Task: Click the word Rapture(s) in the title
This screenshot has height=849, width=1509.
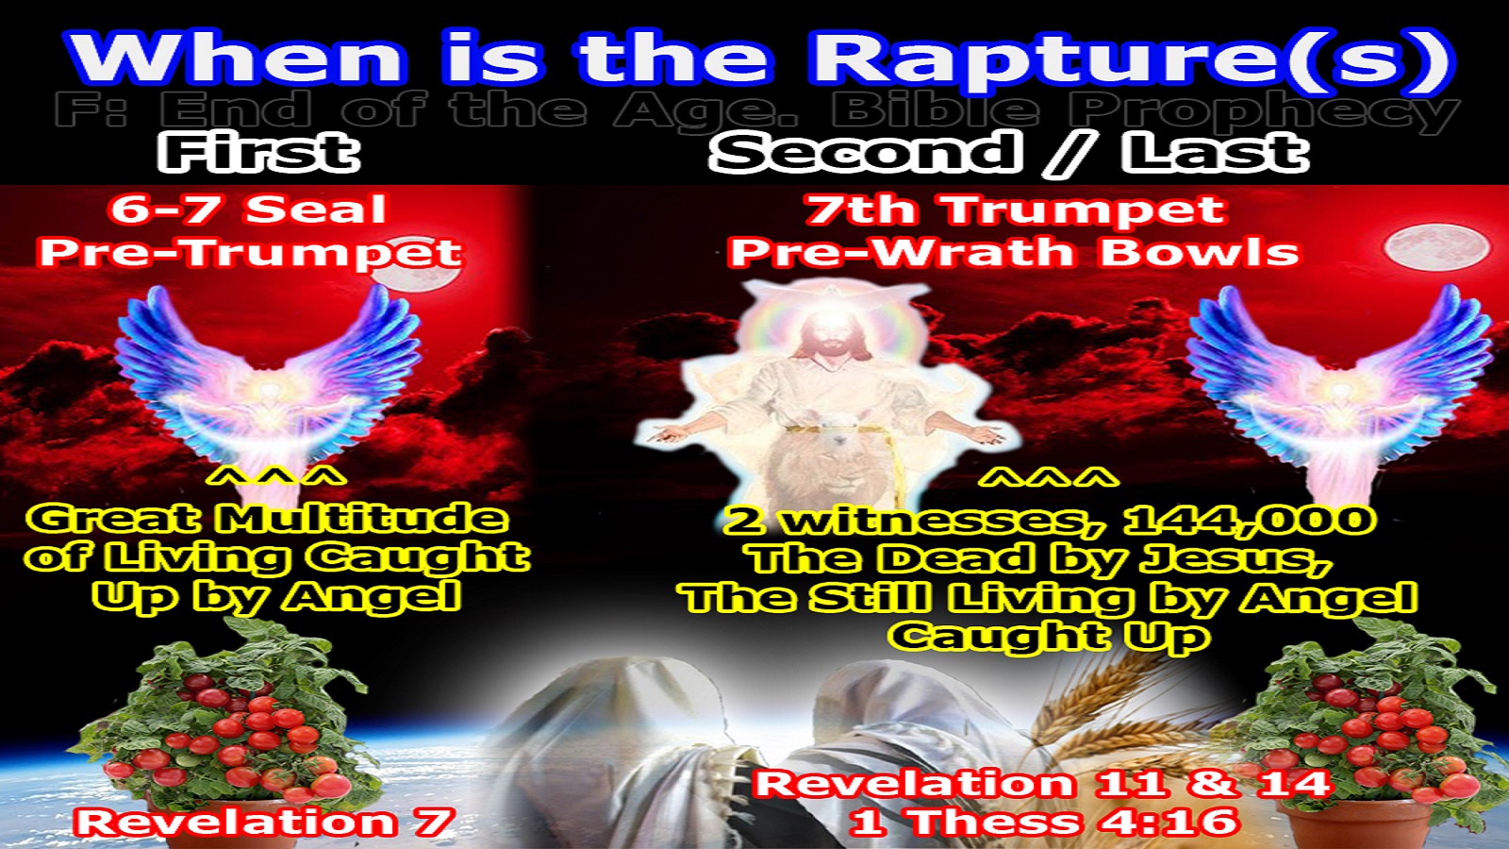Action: pos(1132,58)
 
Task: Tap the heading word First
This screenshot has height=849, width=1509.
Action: pos(258,152)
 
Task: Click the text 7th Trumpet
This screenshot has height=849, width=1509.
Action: pos(1015,209)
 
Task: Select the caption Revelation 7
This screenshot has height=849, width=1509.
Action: pos(265,822)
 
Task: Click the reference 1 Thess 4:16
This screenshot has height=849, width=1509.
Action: pos(1043,822)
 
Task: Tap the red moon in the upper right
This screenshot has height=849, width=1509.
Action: pos(1421,248)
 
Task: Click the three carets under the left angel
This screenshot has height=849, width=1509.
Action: pos(276,478)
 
